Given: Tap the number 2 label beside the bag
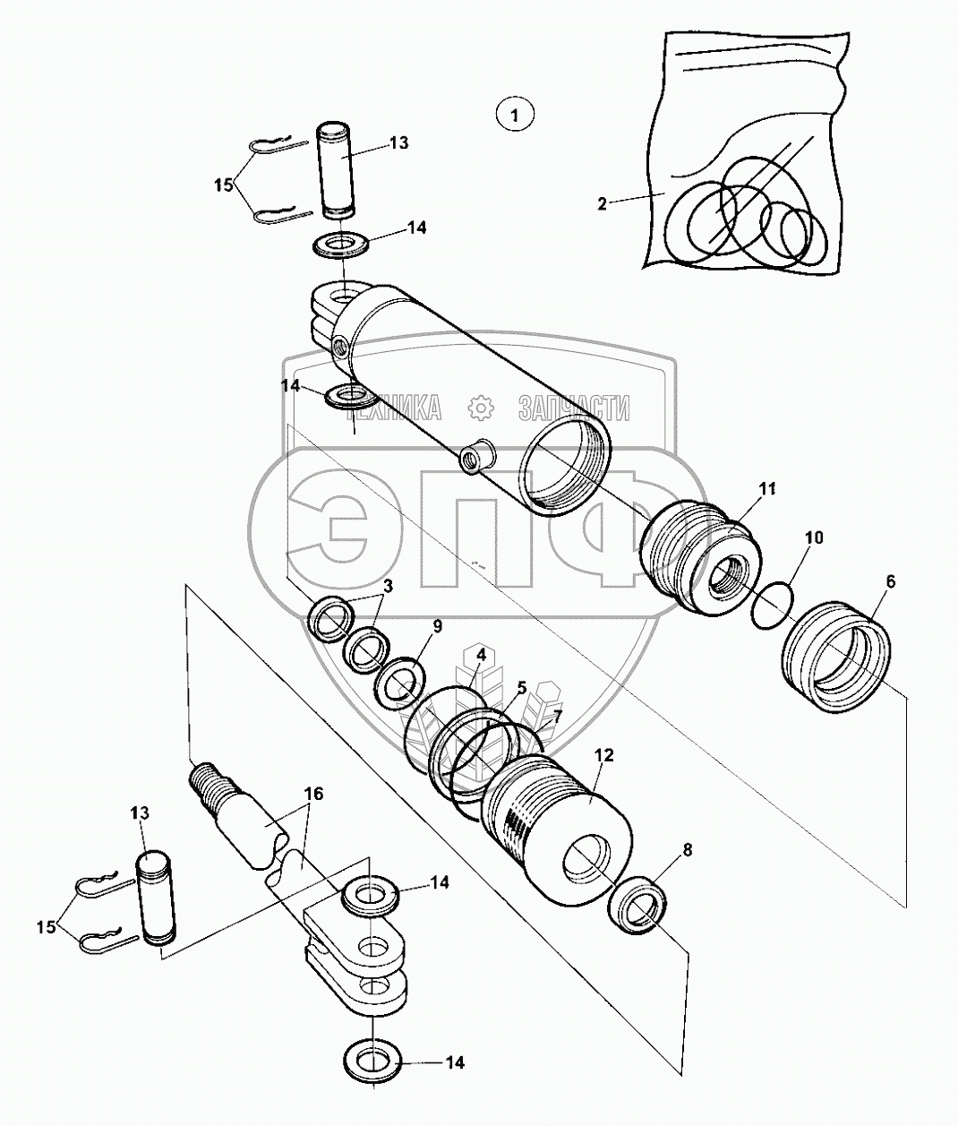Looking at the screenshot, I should click(602, 203).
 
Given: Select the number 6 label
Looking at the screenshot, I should click(890, 580).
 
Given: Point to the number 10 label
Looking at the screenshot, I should click(813, 537).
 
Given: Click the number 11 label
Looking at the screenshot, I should click(767, 489).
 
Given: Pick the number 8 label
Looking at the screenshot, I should click(687, 852).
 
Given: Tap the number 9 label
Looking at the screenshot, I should click(436, 626).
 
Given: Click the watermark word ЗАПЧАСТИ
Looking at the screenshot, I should click(573, 409).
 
